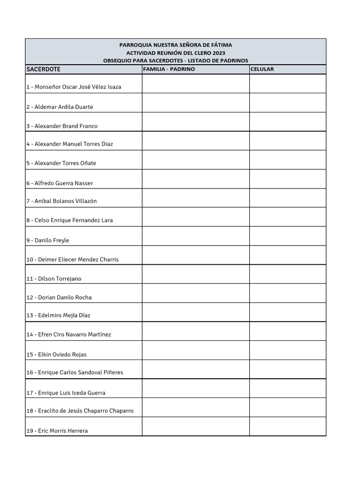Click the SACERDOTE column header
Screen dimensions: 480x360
(44, 69)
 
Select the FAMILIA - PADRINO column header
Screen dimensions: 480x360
(169, 69)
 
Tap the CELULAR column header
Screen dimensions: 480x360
(262, 69)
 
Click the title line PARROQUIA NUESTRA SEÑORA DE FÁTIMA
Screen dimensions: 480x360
(175, 45)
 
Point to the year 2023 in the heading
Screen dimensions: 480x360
(218, 53)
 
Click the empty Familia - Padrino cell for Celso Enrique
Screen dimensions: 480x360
(195, 217)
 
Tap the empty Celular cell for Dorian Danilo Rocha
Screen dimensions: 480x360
(287, 293)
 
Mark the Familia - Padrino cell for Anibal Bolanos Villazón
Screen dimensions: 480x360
(195, 198)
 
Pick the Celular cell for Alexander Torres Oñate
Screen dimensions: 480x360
(287, 160)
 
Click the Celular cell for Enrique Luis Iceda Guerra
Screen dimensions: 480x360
(287, 388)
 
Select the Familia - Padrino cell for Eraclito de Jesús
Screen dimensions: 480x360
(195, 407)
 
